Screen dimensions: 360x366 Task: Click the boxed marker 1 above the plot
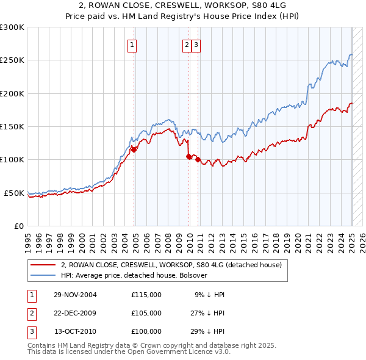coord(132,44)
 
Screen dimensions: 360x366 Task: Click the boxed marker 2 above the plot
coord(186,44)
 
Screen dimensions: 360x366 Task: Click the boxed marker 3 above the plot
coord(196,44)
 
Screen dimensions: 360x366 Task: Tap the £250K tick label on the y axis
coord(12,60)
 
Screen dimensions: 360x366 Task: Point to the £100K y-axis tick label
coord(12,159)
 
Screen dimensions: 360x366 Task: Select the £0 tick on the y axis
coord(18,226)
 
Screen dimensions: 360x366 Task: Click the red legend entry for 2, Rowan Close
coord(171,265)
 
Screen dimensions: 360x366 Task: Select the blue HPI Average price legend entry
coord(134,275)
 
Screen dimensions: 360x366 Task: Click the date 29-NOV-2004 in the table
coord(75,295)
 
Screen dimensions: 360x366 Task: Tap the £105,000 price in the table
coord(146,313)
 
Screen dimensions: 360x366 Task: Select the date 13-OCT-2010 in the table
coord(75,331)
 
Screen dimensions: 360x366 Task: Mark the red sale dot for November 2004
coord(134,149)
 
